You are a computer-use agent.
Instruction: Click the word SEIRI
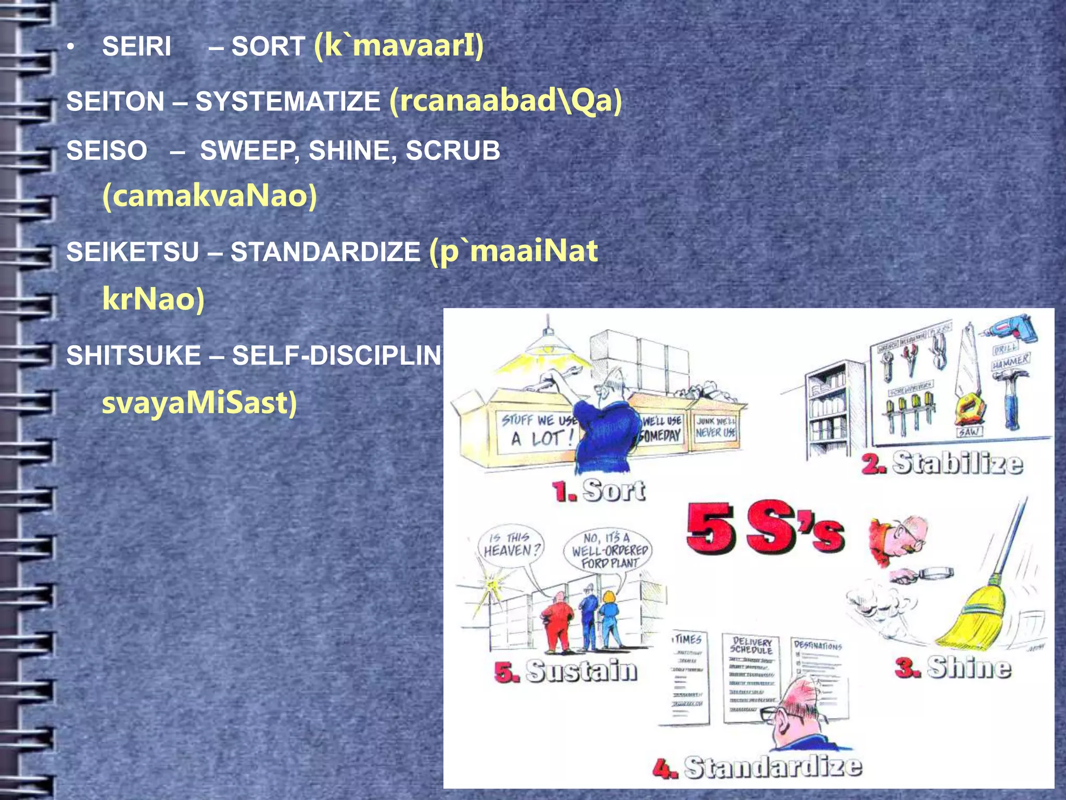click(x=136, y=47)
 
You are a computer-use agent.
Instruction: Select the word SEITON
click(x=115, y=102)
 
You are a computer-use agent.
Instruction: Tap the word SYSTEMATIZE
click(x=288, y=102)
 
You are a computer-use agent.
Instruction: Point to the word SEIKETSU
click(x=133, y=252)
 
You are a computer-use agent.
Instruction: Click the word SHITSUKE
click(x=133, y=356)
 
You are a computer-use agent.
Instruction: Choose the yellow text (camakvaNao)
click(x=210, y=196)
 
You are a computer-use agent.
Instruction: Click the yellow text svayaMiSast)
click(x=199, y=403)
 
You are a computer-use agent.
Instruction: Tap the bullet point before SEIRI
click(x=71, y=48)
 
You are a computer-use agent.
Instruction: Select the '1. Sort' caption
click(x=599, y=491)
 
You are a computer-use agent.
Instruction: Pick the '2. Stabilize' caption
click(x=942, y=463)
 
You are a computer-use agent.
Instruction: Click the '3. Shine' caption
click(x=953, y=668)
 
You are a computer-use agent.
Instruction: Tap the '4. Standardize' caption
click(x=757, y=767)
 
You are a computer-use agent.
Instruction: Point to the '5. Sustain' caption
click(x=566, y=671)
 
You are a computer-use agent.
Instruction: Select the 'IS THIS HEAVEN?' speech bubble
click(x=511, y=544)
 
